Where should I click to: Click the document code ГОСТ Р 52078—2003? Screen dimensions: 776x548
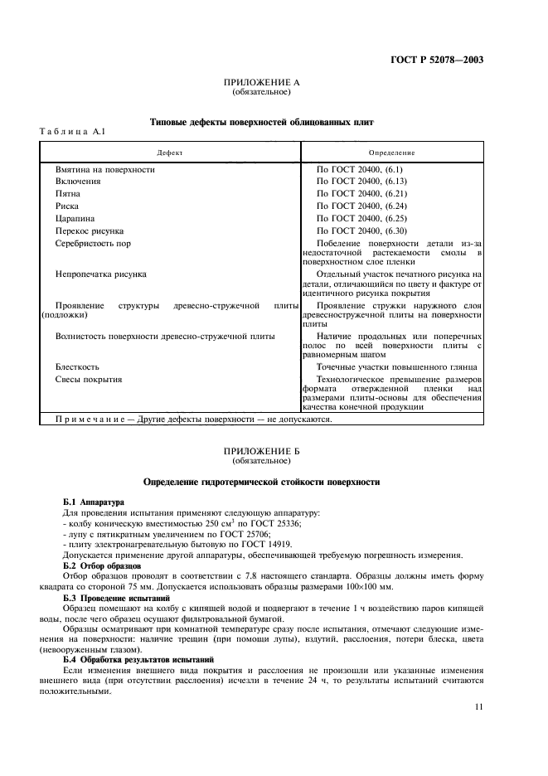[437, 59]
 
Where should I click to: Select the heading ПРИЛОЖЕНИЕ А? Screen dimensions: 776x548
[261, 83]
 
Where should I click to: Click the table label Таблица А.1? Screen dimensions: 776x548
[73, 133]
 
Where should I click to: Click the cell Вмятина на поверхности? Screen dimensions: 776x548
[104, 169]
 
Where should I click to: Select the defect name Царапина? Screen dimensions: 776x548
[77, 218]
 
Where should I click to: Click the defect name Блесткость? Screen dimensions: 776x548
[78, 366]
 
